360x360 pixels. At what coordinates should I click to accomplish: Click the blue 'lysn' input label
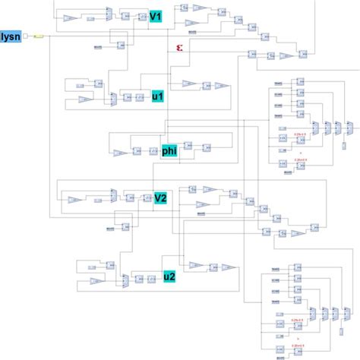(13, 35)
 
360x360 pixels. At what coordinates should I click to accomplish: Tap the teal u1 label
(157, 96)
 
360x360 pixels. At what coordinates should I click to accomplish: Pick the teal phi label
(169, 151)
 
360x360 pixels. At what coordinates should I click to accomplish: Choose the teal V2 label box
(160, 199)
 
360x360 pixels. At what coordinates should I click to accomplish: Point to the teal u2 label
(169, 278)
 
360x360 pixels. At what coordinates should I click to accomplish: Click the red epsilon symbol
(179, 49)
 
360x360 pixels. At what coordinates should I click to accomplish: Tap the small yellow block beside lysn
(39, 36)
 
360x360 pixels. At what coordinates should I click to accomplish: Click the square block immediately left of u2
(153, 279)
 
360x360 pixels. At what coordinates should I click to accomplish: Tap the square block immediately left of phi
(151, 151)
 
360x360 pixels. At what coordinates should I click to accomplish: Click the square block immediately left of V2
(144, 199)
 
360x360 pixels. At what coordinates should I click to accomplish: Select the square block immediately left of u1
(141, 97)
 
